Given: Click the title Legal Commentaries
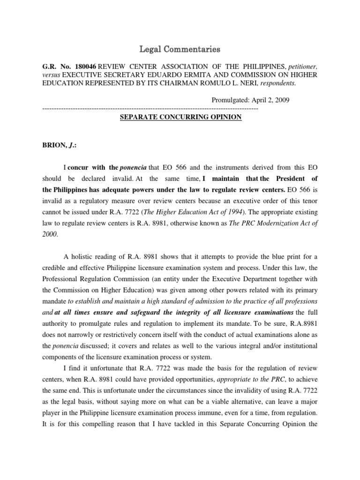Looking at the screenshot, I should (180, 49).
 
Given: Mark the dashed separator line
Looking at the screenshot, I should (150, 109).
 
